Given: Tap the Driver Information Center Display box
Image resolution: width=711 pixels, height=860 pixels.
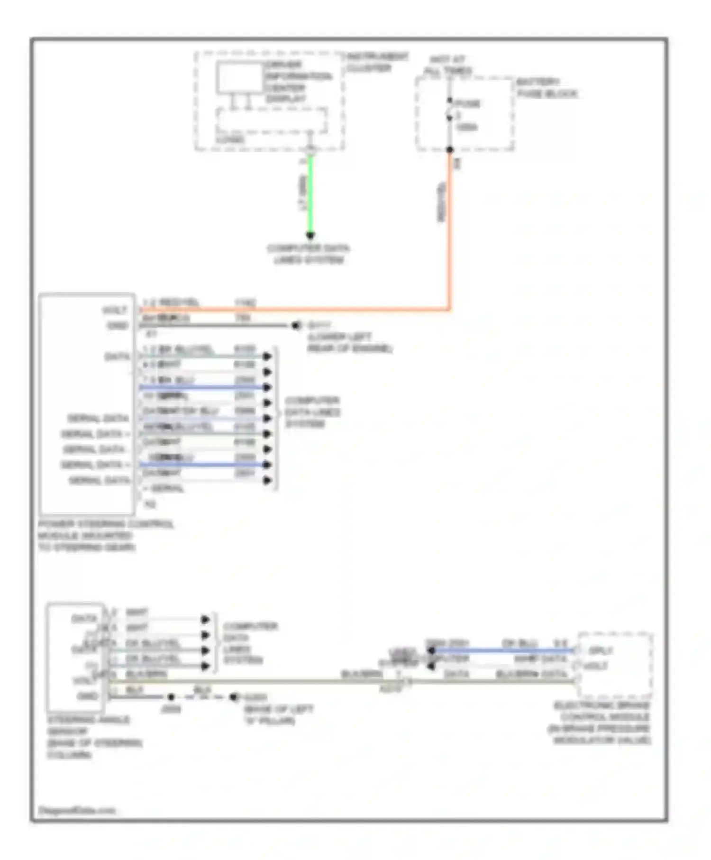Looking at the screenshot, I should tap(240, 77).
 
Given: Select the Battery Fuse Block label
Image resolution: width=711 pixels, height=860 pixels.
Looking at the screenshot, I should tap(546, 88).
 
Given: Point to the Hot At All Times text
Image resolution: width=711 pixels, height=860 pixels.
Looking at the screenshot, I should tap(447, 65).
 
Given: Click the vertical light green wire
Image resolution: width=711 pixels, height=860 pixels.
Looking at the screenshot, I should tap(311, 194).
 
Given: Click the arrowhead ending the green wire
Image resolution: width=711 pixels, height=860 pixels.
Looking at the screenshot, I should tap(310, 236).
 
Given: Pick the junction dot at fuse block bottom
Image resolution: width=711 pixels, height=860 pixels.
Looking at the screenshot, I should tap(450, 150).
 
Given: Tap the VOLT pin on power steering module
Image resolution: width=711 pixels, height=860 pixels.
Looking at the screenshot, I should tap(115, 311).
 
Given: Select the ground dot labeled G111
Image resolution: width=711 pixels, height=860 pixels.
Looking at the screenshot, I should tap(296, 325).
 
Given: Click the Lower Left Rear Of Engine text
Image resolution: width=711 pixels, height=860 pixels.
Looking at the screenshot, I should tap(350, 343).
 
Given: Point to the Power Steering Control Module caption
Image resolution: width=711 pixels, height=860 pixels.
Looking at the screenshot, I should tap(105, 536).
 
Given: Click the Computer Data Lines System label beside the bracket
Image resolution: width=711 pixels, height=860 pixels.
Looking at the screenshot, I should tap(312, 412).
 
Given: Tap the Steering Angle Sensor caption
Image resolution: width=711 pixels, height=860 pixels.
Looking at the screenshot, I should tap(94, 737).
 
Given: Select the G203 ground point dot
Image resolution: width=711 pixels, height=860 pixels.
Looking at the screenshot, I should tap(233, 697).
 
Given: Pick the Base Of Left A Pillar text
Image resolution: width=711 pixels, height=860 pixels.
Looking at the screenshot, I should tap(278, 715).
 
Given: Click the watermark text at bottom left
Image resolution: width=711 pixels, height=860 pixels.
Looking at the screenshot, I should tap(76, 810).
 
